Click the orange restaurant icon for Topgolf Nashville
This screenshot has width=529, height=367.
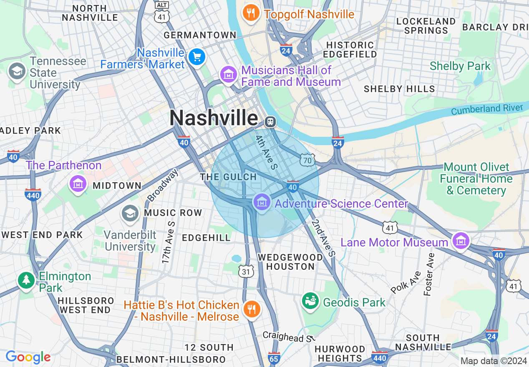point(251,13)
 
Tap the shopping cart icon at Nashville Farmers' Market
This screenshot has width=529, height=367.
point(196,57)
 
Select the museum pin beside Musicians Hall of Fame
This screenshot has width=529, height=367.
point(228,75)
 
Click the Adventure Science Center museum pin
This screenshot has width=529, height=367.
point(262,203)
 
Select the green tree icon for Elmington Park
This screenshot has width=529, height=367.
point(26,280)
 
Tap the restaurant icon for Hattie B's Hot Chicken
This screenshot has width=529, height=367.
point(251,309)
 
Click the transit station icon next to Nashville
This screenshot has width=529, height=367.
point(270,121)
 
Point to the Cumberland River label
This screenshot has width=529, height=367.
point(487,109)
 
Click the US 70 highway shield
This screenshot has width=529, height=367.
point(308,159)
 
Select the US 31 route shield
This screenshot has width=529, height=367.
point(246,271)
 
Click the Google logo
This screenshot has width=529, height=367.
point(28,357)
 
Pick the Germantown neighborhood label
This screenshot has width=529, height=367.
point(200,35)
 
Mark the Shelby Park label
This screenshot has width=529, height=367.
point(460,66)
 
